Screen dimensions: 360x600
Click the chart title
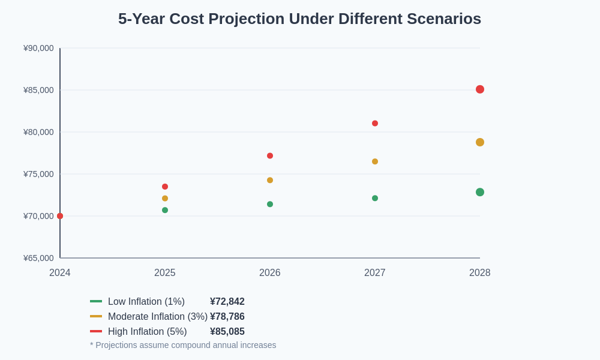[299, 19]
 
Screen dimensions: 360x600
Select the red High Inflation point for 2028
[480, 89]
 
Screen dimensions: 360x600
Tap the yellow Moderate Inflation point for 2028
[480, 142]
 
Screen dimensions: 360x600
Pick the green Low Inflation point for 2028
[480, 192]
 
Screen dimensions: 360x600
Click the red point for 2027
[375, 123]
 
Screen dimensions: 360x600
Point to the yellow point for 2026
[270, 180]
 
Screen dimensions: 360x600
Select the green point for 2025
[165, 210]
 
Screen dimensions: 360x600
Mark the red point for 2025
[165, 187]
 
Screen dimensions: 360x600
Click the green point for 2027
[375, 198]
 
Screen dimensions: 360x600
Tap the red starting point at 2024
[60, 216]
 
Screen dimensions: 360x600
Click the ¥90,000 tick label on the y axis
[38, 48]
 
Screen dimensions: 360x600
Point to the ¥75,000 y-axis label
[38, 174]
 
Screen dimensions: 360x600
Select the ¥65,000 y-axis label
[38, 258]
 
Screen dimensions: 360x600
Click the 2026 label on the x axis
[270, 273]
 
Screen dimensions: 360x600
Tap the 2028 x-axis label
[480, 273]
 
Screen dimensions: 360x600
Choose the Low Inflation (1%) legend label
[146, 302]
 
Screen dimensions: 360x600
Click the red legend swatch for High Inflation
[96, 331]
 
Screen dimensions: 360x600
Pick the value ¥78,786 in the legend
[227, 317]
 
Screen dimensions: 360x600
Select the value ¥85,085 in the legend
[227, 332]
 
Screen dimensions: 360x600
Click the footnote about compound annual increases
[183, 345]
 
